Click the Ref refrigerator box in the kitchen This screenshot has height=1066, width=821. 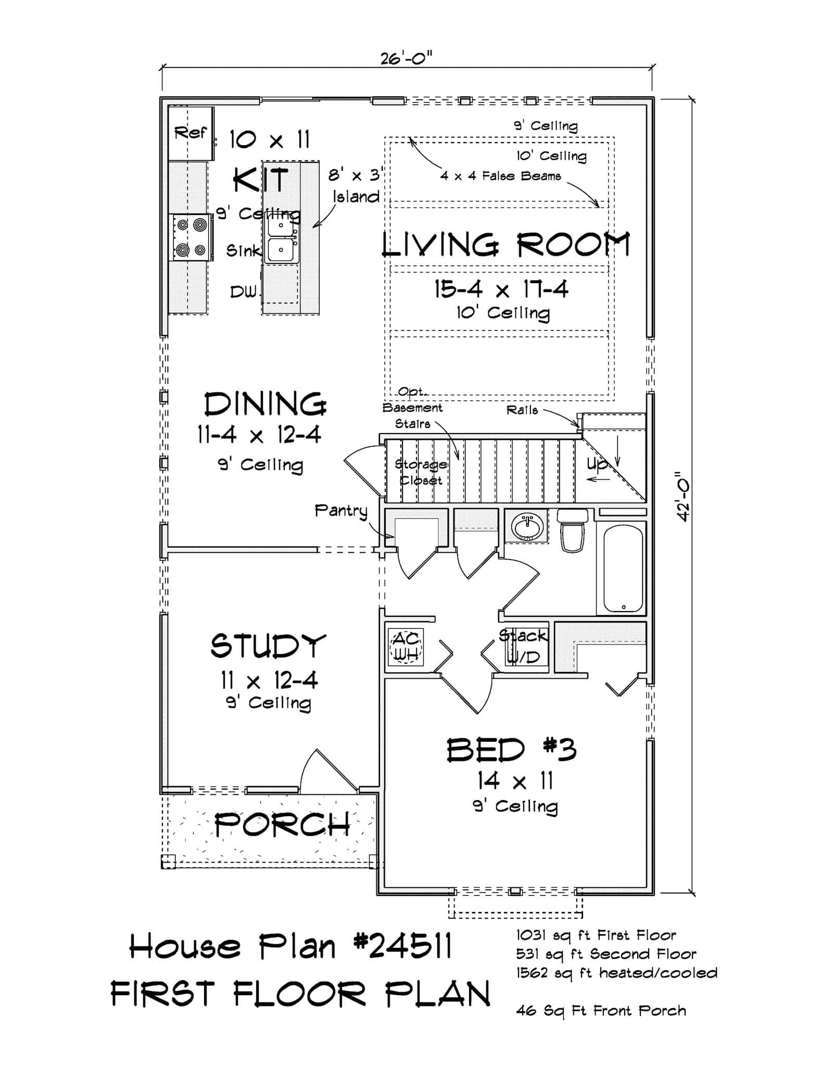(191, 133)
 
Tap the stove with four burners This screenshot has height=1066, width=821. (191, 237)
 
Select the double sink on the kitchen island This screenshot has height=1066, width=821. (281, 239)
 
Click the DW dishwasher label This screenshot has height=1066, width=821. (243, 292)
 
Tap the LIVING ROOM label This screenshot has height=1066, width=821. (506, 245)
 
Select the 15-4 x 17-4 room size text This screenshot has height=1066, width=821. (501, 289)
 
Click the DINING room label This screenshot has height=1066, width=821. (266, 404)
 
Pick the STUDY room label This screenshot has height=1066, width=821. (268, 645)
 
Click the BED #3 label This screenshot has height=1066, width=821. (511, 750)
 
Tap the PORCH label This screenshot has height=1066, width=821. (282, 824)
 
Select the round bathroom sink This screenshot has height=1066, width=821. (527, 527)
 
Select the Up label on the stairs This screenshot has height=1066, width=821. (597, 464)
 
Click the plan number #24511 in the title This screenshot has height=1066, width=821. (403, 946)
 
